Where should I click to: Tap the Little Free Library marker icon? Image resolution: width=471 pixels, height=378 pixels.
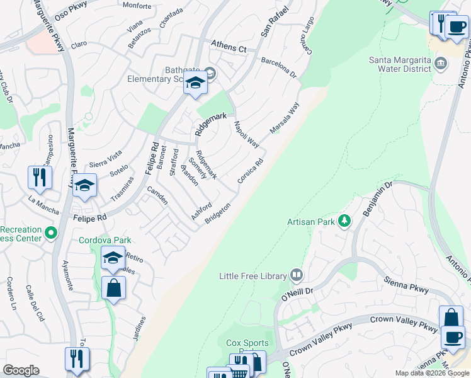(296, 275)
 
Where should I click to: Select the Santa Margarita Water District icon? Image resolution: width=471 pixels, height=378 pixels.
(441, 64)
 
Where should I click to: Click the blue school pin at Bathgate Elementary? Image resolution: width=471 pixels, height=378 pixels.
(196, 84)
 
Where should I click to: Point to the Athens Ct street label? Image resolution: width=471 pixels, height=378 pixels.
(229, 49)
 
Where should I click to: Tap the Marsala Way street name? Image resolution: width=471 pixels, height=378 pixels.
(284, 119)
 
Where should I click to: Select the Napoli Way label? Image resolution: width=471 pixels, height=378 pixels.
(246, 134)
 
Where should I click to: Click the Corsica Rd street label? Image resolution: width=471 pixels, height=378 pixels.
(250, 171)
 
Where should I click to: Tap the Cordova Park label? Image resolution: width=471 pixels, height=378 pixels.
(105, 240)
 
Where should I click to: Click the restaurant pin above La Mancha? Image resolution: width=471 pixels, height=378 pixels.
(40, 177)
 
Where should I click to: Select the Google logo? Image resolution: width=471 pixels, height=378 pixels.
(21, 370)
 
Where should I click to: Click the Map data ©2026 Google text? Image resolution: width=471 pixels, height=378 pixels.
(431, 373)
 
